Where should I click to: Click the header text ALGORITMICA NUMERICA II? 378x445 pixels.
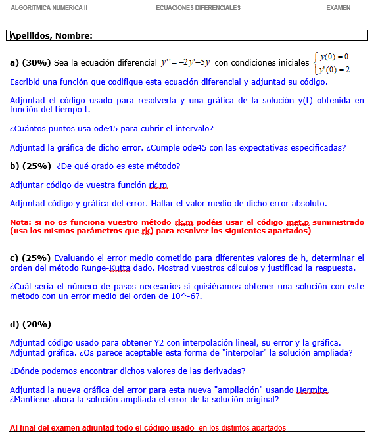coord(49,8)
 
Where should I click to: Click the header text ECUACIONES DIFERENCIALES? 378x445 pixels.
coord(198,8)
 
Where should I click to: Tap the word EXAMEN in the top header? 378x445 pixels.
coord(338,8)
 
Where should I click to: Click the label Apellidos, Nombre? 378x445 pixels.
coord(51,35)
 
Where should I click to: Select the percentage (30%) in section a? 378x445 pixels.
coord(37,63)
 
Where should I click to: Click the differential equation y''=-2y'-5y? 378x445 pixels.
coord(185,63)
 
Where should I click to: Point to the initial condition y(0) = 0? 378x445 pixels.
coord(334,57)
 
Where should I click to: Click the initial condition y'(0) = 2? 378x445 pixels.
coord(334,70)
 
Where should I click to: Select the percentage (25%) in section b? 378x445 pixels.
coord(37,166)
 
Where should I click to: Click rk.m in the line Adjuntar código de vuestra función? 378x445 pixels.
coord(158,185)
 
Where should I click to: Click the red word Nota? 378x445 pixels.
coord(20,222)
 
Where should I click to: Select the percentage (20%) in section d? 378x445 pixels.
coord(37,324)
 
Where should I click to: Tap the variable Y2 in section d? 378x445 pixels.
coord(160,342)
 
